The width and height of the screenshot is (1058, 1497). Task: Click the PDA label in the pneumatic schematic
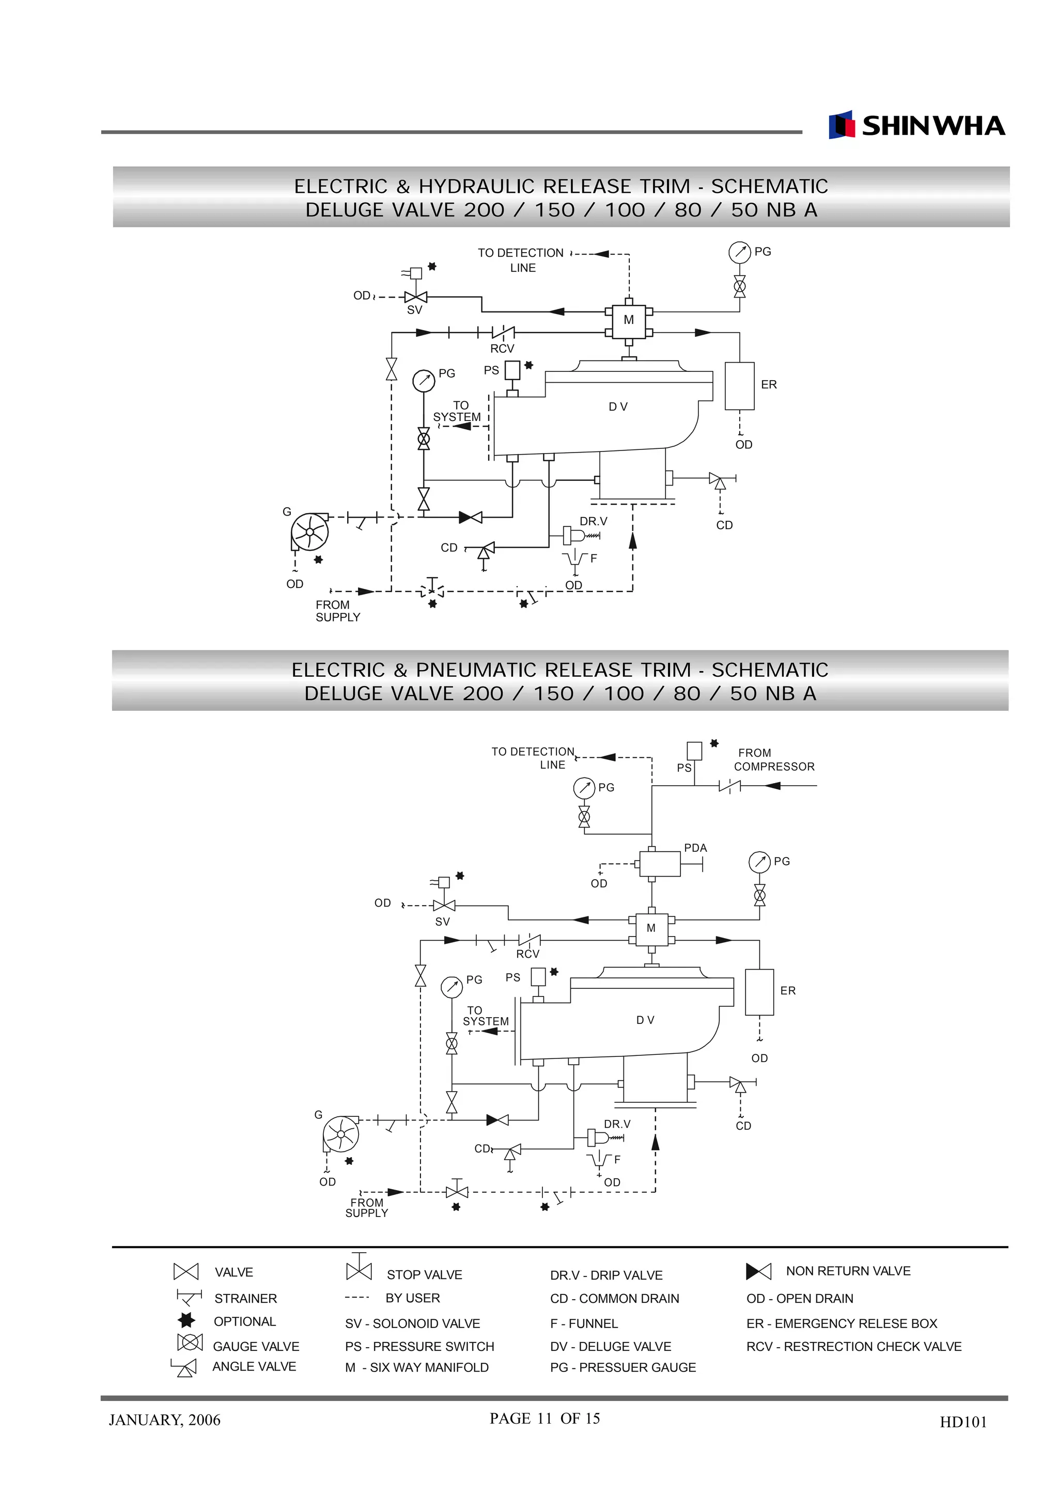[x=695, y=848]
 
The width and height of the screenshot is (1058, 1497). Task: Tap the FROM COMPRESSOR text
[x=773, y=759]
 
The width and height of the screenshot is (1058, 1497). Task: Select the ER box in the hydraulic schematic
[x=739, y=386]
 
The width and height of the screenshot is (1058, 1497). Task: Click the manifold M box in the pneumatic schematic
[x=650, y=928]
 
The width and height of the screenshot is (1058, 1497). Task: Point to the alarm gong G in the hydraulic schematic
[x=309, y=532]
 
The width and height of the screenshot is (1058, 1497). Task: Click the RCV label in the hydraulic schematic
[x=502, y=349]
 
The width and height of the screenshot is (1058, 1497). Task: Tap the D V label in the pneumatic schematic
[x=645, y=1020]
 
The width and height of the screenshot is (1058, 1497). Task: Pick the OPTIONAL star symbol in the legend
[x=186, y=1320]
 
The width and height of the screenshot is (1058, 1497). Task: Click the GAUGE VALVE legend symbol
[x=190, y=1343]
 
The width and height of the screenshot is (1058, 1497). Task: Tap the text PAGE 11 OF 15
[x=544, y=1418]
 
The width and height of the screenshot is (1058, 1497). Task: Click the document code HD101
[x=963, y=1422]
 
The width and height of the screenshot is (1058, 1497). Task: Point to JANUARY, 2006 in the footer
[x=164, y=1420]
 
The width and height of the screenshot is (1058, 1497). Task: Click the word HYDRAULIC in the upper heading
[x=480, y=186]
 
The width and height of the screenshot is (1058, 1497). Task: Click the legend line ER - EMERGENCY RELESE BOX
[x=841, y=1323]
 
